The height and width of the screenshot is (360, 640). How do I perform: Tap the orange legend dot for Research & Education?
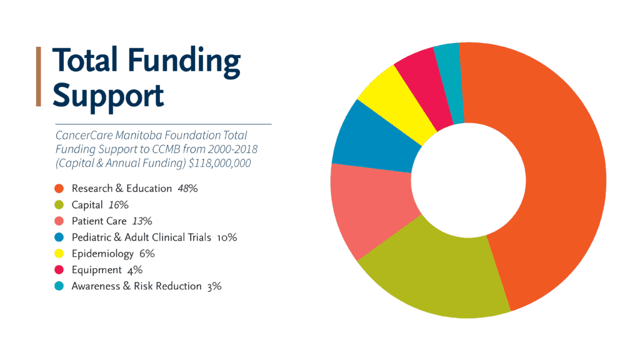click(x=59, y=188)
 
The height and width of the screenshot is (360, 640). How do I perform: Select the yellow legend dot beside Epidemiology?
click(x=59, y=254)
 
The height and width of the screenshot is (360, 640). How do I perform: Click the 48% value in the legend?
click(x=187, y=188)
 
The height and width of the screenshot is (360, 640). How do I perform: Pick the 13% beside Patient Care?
click(x=142, y=221)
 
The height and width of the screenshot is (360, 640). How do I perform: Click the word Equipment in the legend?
click(x=96, y=270)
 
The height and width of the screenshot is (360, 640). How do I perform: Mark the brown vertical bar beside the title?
click(x=39, y=76)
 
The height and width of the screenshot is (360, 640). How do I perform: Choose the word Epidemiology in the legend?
click(x=102, y=254)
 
